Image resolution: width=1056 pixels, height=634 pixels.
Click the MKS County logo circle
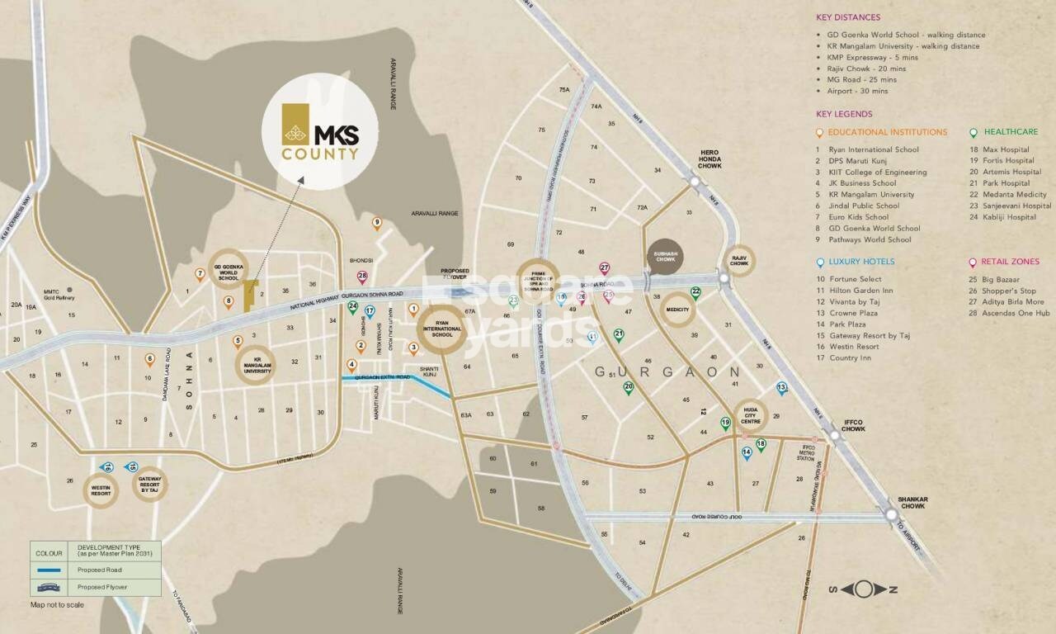pyautogui.click(x=320, y=132)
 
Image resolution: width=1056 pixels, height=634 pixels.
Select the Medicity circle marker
pyautogui.click(x=676, y=310)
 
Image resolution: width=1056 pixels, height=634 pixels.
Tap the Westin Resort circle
pyautogui.click(x=101, y=490)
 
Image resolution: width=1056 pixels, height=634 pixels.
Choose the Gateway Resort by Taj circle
pyautogui.click(x=149, y=485)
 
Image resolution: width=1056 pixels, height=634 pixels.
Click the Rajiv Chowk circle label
pyautogui.click(x=739, y=259)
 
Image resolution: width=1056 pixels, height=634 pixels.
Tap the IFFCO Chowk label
pyautogui.click(x=853, y=426)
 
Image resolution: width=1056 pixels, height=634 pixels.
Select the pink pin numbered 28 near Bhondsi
pyautogui.click(x=362, y=277)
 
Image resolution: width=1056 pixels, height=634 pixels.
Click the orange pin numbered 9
pyautogui.click(x=377, y=223)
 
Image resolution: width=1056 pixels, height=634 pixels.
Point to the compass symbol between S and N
pyautogui.click(x=862, y=589)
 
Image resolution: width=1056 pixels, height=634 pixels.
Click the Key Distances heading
pyautogui.click(x=847, y=17)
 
